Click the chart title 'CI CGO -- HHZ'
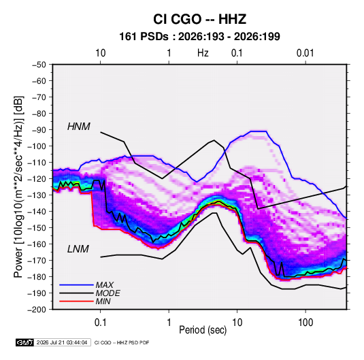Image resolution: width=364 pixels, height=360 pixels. [x=199, y=19]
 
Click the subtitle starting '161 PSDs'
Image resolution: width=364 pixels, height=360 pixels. [x=199, y=37]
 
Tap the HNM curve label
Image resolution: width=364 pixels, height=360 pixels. [x=79, y=127]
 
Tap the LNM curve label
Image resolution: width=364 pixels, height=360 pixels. [x=78, y=249]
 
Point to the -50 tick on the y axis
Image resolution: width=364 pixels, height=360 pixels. [x=39, y=65]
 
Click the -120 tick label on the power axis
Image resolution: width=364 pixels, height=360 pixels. [x=37, y=179]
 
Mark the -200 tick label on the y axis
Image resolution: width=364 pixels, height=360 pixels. [x=37, y=310]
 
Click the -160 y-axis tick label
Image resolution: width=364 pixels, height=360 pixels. [x=37, y=244]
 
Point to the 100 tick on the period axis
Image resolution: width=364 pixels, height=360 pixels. [x=305, y=323]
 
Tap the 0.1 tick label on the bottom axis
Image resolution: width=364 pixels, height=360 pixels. [x=100, y=323]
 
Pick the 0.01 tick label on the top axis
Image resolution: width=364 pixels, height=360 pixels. [x=305, y=53]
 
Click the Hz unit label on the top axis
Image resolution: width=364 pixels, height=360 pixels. [x=203, y=53]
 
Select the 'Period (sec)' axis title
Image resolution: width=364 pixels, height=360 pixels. [x=203, y=330]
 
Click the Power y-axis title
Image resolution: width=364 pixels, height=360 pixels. [x=19, y=186]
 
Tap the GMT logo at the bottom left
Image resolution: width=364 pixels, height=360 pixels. [x=24, y=342]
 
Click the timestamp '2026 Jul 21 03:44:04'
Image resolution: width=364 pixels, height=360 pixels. [x=62, y=342]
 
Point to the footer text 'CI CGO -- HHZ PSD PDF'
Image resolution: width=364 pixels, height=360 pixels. [x=122, y=342]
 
